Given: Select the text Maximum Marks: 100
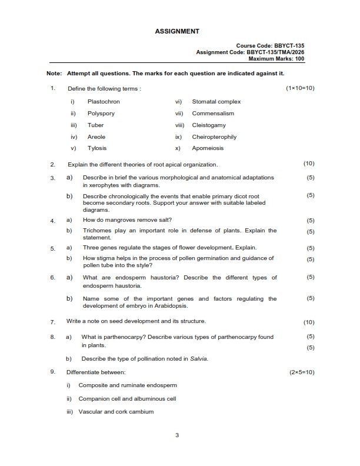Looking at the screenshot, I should [276, 58].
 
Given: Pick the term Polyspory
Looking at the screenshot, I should [101, 114].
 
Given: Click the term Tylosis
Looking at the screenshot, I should [97, 148].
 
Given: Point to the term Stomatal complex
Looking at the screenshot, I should [216, 102].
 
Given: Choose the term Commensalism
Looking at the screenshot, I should [213, 114].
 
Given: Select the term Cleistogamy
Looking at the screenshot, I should [209, 125].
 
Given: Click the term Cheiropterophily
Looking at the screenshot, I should [214, 137].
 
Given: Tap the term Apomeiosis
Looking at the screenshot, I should [208, 148].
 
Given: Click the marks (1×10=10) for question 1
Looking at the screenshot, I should [300, 88].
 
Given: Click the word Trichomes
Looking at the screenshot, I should [98, 231].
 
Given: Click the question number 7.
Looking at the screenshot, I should [52, 322].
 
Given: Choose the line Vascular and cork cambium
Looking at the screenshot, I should [116, 412].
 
